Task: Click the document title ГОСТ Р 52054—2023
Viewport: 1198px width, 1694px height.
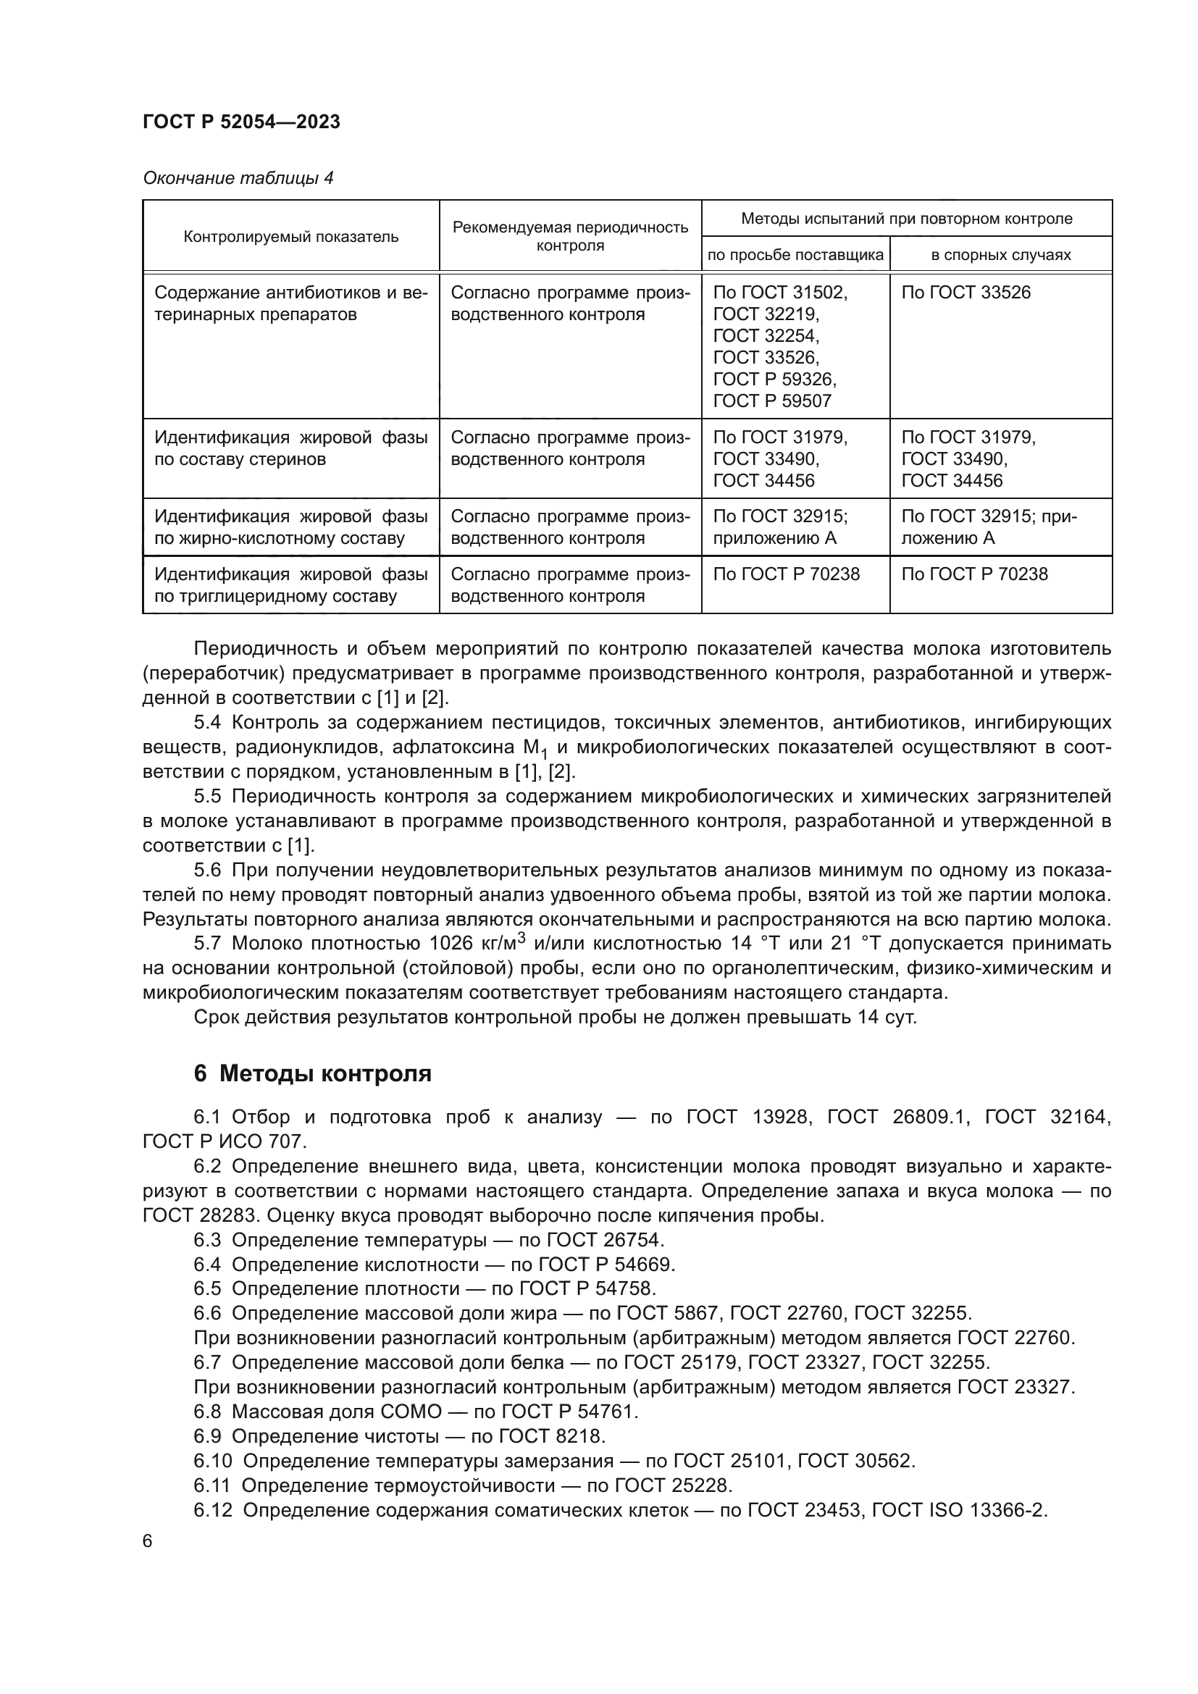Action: pyautogui.click(x=241, y=122)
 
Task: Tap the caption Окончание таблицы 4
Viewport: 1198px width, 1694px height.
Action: pyautogui.click(x=238, y=179)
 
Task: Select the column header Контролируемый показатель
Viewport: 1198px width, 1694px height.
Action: pyautogui.click(x=290, y=237)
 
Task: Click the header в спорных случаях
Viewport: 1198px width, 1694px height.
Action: pyautogui.click(x=1000, y=255)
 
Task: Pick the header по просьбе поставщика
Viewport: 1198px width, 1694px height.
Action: pyautogui.click(x=795, y=255)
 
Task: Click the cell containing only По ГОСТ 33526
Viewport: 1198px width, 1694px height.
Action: pyautogui.click(x=965, y=293)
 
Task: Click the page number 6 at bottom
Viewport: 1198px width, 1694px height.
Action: pyautogui.click(x=148, y=1541)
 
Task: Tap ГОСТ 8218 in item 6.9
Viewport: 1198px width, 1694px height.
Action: pyautogui.click(x=552, y=1436)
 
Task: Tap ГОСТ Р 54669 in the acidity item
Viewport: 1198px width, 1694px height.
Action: pyautogui.click(x=606, y=1265)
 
